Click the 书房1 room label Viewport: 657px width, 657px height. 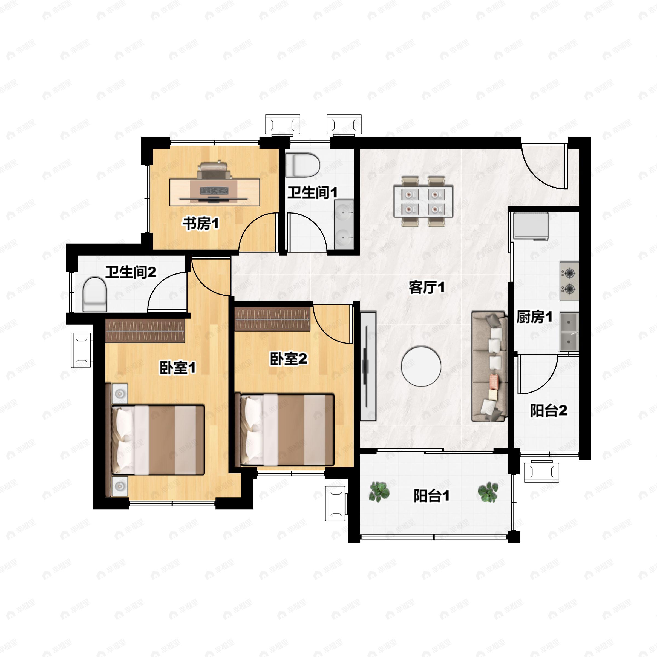tap(201, 224)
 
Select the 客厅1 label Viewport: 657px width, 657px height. tap(427, 288)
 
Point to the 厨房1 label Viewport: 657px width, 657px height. tap(534, 317)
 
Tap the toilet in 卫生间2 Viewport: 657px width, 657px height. tap(95, 295)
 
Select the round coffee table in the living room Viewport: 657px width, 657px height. tap(421, 366)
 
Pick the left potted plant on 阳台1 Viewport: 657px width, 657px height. tap(379, 491)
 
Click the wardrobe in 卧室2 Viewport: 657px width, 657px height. tap(272, 319)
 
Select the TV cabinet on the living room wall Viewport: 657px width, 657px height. tap(368, 366)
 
